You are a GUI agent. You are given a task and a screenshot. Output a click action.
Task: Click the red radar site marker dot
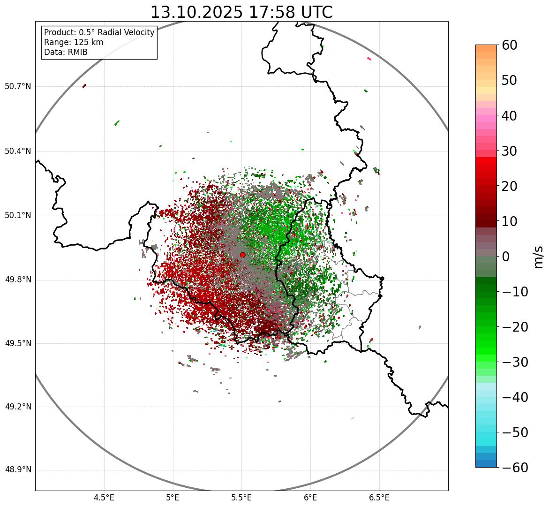pos(242,255)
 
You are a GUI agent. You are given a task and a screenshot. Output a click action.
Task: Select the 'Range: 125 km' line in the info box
pos(74,42)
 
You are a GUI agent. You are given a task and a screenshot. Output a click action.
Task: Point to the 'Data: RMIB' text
pos(66,52)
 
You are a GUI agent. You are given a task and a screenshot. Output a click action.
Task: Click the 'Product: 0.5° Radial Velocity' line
pos(99,32)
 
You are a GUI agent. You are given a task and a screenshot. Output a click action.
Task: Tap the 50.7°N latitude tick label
pos(18,87)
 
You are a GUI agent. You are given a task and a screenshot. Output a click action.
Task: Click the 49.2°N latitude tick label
pos(18,407)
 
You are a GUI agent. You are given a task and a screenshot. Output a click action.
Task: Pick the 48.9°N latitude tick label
pos(18,470)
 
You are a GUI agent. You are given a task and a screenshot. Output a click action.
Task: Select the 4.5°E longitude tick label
pos(104,497)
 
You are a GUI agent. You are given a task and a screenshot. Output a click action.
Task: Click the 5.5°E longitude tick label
pos(241,497)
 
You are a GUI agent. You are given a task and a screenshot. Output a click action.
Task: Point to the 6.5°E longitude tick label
pos(379,497)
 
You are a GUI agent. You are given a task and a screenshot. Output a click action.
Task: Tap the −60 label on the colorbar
pos(515,468)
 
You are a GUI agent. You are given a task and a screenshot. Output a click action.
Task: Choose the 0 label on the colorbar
pos(506,257)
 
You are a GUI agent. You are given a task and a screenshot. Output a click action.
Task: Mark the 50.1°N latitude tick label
pos(18,216)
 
